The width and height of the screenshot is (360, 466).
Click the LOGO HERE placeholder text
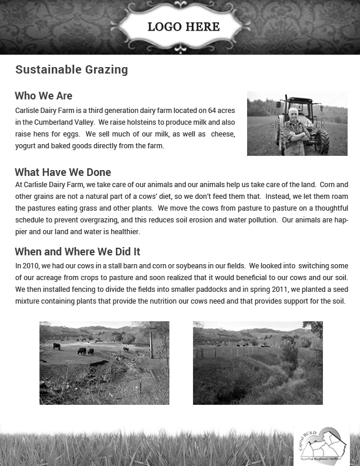[184, 27]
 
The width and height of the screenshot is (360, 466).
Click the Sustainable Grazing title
[71, 69]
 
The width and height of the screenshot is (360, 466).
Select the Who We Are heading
[44, 96]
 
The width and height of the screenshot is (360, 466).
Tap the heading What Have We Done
[63, 172]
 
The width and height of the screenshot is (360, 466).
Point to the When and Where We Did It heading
[77, 252]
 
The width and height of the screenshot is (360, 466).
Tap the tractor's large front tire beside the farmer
[321, 141]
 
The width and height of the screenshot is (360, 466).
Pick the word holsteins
[132, 122]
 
